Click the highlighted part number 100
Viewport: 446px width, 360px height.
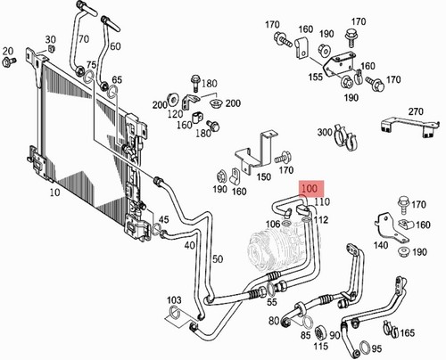pos(310,188)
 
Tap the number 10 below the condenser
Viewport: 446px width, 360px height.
pos(54,192)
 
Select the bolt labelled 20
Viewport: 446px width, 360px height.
pos(9,61)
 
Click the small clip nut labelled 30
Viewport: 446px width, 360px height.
pos(50,49)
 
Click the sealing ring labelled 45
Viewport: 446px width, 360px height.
pos(156,229)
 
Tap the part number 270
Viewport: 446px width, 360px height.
pos(416,111)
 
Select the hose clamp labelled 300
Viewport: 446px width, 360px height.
pos(345,137)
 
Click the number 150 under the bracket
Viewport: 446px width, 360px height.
pos(263,177)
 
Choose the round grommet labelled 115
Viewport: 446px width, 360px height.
pos(321,332)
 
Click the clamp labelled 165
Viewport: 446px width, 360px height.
pos(391,329)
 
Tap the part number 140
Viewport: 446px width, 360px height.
pos(381,245)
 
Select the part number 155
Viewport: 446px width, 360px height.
pos(316,77)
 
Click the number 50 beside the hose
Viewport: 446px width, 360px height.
pos(218,258)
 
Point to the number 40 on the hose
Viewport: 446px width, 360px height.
pos(190,245)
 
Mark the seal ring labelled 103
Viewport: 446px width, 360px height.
pos(175,312)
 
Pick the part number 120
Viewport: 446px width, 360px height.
pos(175,113)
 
